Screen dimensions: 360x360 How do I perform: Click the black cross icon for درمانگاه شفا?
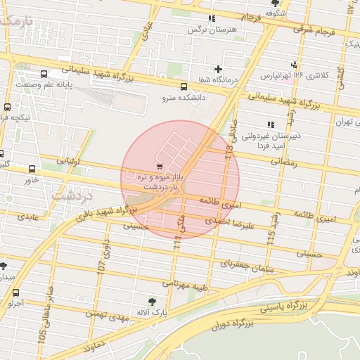tap(219, 69)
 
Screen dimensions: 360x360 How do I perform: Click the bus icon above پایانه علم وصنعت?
tap(44, 74)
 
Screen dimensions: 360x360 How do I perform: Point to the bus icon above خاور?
tap(32, 169)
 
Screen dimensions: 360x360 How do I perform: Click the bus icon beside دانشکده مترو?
tap(184, 87)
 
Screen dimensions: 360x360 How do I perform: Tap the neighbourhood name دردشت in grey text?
tap(72, 193)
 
